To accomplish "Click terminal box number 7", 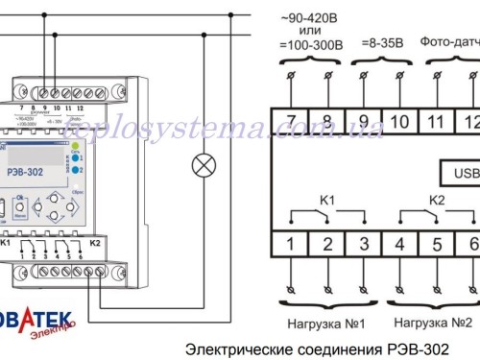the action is tap(289, 120).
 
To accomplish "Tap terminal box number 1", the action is tap(289, 243).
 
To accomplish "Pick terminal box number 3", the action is tap(363, 243).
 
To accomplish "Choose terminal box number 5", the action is tap(437, 243).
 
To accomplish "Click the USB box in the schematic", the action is tap(459, 173).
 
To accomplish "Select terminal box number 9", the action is tap(363, 120).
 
